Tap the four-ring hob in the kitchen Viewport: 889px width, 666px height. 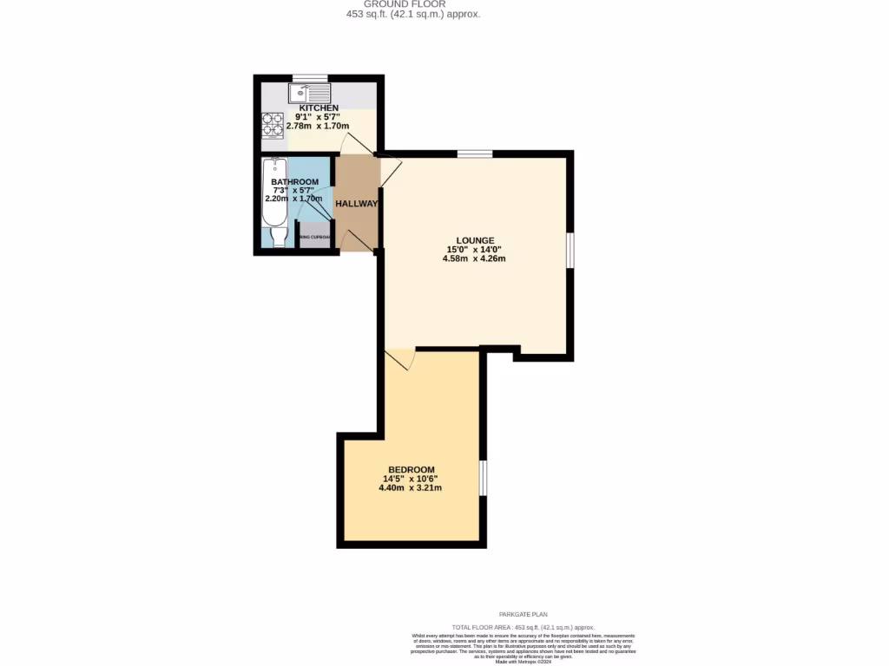coord(272,127)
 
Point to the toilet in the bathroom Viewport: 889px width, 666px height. coord(278,236)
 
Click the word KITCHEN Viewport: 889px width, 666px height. coord(319,108)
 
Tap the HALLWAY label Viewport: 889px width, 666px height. coord(357,204)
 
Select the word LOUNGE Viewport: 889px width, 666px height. coord(475,240)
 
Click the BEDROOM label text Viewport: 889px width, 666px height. coord(412,470)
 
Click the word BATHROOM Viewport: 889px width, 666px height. coord(294,182)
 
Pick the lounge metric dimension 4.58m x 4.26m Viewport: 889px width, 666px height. coord(474,258)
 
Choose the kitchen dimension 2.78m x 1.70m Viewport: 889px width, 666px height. coord(319,126)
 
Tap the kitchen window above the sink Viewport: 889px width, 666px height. coord(310,79)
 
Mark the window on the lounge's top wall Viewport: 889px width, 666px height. coord(475,154)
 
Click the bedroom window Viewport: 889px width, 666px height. coord(483,478)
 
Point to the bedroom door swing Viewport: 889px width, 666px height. coord(400,359)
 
